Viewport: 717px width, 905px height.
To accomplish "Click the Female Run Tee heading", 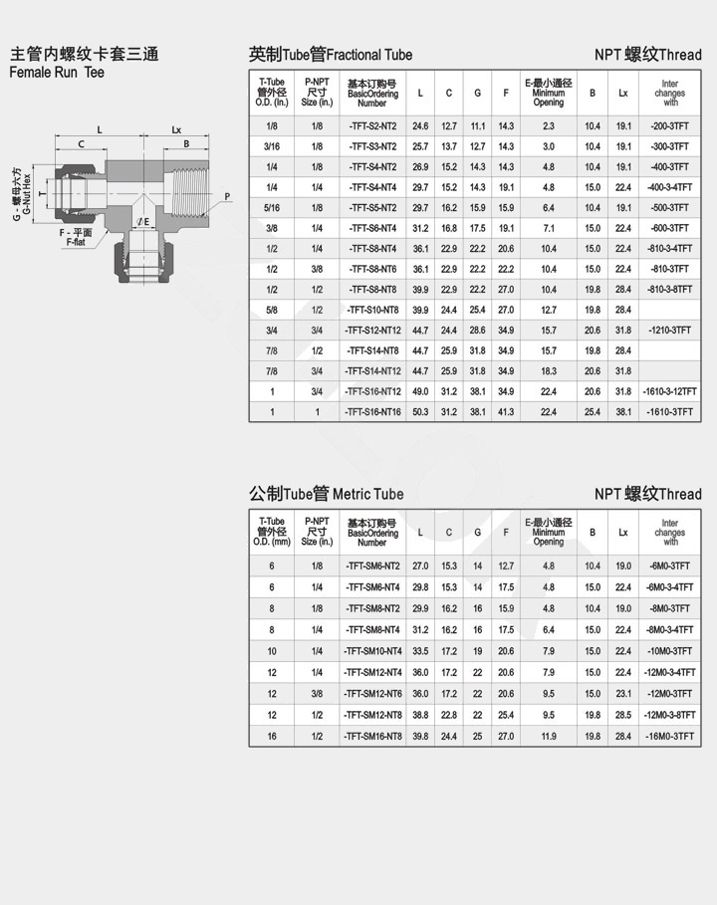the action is (x=57, y=73).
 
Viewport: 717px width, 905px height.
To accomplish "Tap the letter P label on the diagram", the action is (x=227, y=197).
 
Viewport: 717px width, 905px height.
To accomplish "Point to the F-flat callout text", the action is (x=76, y=238).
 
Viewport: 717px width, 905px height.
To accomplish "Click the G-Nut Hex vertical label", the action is (x=21, y=194).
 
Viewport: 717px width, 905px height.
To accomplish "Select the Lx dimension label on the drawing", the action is (x=176, y=129).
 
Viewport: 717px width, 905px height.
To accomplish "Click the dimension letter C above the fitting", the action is (x=81, y=143).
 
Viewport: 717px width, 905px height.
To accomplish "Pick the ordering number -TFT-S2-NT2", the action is (x=372, y=126).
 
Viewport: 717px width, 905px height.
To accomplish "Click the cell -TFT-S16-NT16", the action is (x=372, y=412).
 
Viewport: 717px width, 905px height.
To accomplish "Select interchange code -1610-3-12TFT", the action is (x=669, y=391).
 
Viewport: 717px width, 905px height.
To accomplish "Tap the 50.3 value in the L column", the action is (x=420, y=412).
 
